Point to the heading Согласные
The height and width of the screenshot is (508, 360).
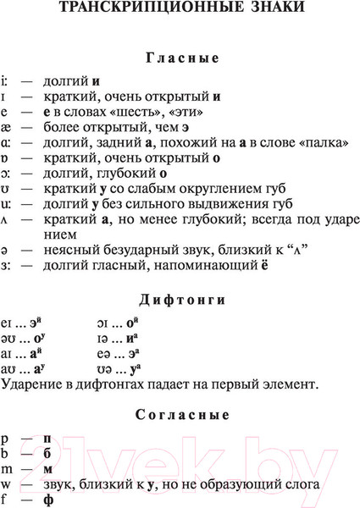(182, 416)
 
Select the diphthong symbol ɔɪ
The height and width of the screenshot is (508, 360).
(102, 323)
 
